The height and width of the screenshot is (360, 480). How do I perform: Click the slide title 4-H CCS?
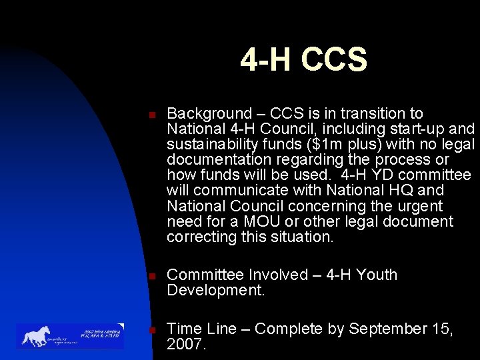303,59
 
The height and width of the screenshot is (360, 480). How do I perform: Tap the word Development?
214,290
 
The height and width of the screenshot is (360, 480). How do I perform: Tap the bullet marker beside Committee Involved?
153,275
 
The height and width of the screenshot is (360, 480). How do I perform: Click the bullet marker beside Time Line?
153,329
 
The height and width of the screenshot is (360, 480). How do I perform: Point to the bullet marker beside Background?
153,115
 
